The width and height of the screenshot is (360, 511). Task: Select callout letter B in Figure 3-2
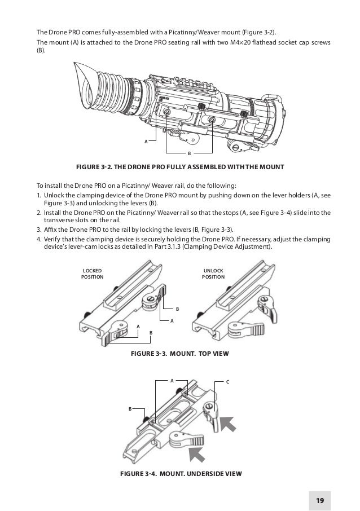(189, 153)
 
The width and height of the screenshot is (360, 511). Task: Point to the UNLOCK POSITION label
(213, 274)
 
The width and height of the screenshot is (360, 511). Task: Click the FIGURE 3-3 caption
(181, 353)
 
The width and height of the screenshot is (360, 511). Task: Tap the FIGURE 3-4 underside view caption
(181, 473)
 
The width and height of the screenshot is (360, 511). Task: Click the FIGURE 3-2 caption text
(180, 167)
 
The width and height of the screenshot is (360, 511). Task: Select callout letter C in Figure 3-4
(227, 382)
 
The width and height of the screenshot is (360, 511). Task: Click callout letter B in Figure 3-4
(130, 408)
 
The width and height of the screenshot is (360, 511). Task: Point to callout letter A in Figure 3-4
(172, 381)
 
